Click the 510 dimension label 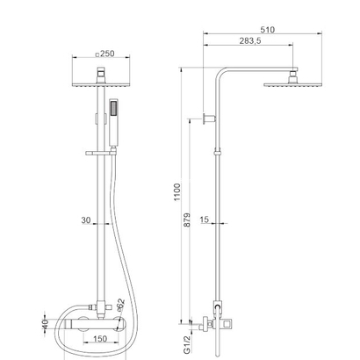[x=268, y=30]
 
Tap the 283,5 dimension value [x=250, y=40]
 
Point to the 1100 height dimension [x=177, y=192]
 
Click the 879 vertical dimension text [x=187, y=220]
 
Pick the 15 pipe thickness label [x=205, y=220]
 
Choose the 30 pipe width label [x=86, y=220]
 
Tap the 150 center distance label [x=100, y=339]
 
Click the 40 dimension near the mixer [x=45, y=325]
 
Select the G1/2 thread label [x=187, y=345]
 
